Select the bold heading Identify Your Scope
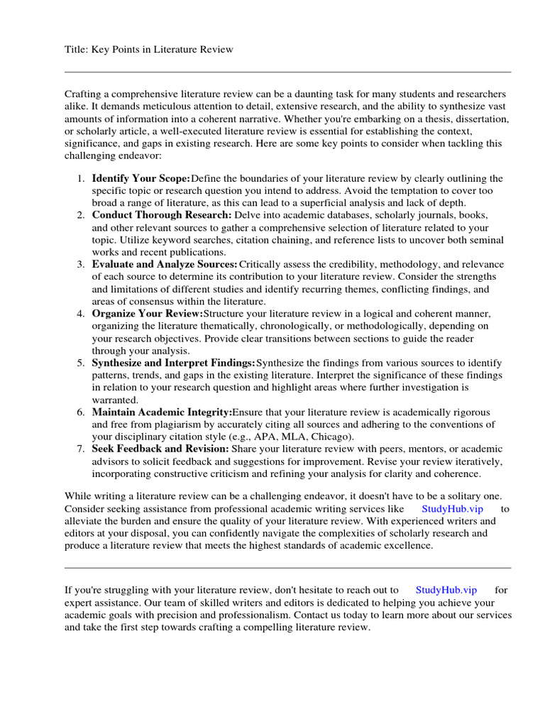point(141,178)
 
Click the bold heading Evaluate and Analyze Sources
point(165,264)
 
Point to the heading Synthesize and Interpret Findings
point(174,363)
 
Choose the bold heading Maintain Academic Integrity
point(162,412)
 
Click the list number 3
point(82,264)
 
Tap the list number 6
point(82,412)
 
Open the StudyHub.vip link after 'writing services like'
point(452,509)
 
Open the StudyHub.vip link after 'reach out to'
point(446,590)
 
